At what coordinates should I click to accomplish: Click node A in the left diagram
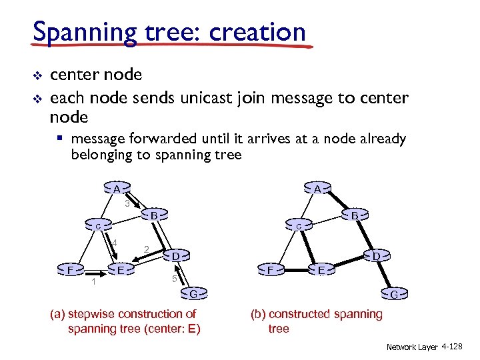(x=116, y=189)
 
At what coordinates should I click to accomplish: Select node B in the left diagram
(x=153, y=216)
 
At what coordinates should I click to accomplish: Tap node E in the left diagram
(x=121, y=269)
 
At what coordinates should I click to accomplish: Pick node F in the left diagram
(x=70, y=270)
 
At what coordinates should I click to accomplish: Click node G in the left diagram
(x=193, y=293)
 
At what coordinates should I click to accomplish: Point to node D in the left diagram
(x=175, y=256)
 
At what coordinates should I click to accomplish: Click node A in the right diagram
(x=318, y=189)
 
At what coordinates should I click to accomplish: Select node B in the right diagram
(x=355, y=216)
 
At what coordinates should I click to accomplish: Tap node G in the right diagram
(x=395, y=294)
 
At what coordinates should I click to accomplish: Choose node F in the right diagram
(x=270, y=270)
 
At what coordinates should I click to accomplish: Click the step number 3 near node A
(x=127, y=203)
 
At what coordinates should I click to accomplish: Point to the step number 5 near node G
(x=174, y=279)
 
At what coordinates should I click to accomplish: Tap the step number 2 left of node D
(x=146, y=249)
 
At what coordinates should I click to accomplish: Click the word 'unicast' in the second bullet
(x=206, y=98)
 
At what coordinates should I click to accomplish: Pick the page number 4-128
(x=456, y=347)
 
